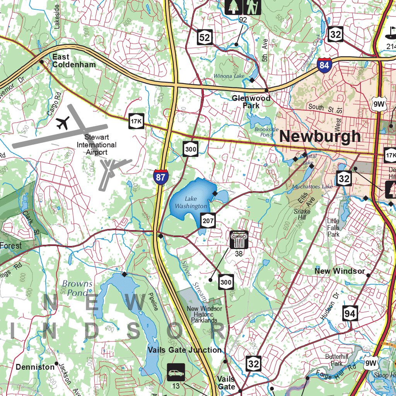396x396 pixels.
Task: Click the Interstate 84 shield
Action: (324, 65)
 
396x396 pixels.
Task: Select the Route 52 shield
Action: (205, 37)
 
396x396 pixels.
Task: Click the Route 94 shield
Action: (350, 314)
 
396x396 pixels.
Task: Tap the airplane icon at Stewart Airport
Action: (62, 123)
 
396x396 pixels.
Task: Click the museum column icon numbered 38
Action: (239, 240)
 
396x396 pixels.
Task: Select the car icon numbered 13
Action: (176, 373)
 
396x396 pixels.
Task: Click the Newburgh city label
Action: (320, 136)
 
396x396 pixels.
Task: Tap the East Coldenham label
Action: (74, 61)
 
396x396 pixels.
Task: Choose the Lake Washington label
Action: (191, 202)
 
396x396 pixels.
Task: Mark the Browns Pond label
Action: (77, 288)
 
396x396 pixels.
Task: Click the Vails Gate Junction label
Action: (185, 350)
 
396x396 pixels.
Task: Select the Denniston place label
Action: (35, 367)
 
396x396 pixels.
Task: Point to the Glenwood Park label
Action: (251, 102)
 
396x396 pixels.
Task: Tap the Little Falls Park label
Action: (333, 227)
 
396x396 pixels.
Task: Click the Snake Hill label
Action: (302, 215)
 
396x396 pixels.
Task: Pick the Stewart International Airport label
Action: (96, 145)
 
